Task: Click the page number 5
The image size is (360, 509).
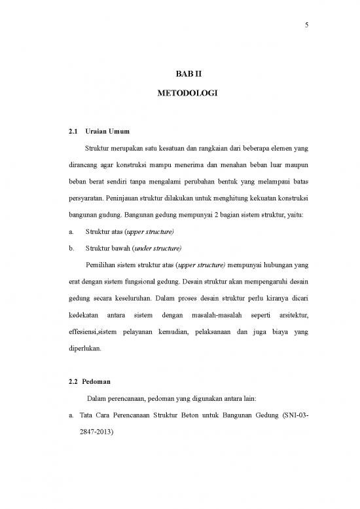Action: click(x=306, y=26)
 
